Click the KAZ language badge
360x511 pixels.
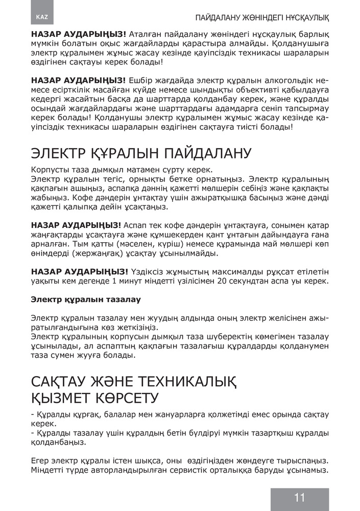tap(42, 17)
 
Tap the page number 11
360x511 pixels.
tap(299, 498)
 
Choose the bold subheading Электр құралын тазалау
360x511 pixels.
tap(86, 298)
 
